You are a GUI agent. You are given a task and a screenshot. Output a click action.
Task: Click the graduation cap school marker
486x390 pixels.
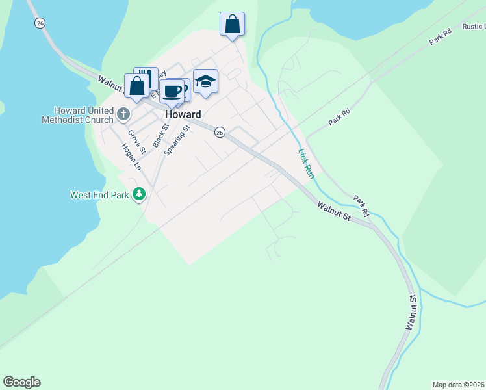click(205, 82)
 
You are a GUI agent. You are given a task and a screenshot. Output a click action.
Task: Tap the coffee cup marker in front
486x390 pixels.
click(172, 92)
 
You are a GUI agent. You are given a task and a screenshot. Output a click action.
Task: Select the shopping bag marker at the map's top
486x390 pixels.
click(232, 25)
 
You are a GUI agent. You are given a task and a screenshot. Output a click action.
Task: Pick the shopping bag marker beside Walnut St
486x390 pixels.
click(137, 86)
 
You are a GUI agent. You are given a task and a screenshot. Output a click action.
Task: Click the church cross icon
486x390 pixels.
click(123, 115)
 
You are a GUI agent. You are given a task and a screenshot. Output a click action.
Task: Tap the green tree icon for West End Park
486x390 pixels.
click(138, 194)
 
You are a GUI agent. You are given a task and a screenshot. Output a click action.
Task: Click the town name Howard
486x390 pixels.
click(183, 114)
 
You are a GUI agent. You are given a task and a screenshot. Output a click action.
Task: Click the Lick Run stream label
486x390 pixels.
click(306, 164)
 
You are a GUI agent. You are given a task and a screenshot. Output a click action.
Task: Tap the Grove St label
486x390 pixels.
click(137, 142)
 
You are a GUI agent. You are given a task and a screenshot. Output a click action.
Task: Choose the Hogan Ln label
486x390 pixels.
click(131, 157)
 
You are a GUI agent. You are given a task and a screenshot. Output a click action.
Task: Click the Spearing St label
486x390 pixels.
click(176, 140)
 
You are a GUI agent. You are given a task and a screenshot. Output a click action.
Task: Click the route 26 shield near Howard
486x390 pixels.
click(220, 132)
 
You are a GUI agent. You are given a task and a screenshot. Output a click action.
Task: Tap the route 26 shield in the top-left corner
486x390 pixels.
click(40, 23)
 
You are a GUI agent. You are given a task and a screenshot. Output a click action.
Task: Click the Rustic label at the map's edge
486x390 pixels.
click(473, 27)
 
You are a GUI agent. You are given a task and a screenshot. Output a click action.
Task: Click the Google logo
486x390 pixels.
click(21, 382)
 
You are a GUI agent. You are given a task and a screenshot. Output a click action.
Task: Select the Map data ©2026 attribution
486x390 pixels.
click(459, 384)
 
